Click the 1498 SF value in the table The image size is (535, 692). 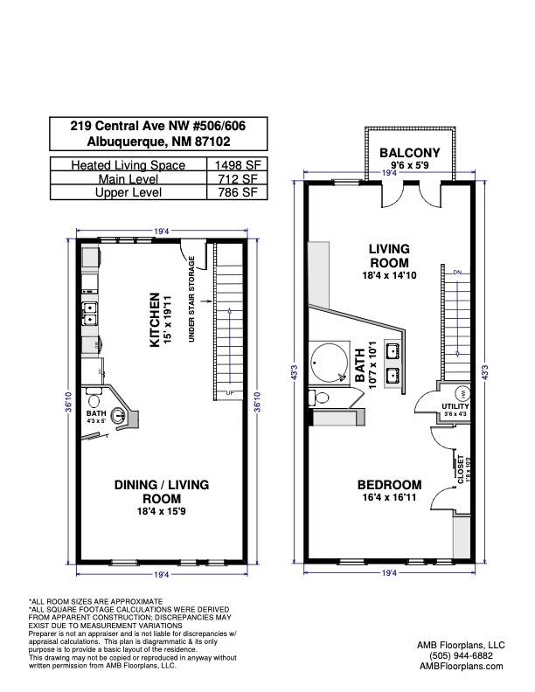click(236, 165)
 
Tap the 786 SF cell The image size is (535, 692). click(236, 192)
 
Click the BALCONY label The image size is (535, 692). click(410, 154)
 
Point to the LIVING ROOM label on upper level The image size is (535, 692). click(389, 256)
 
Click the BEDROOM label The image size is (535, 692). click(389, 485)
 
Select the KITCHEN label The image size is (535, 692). click(155, 320)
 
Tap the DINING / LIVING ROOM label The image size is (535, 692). click(163, 491)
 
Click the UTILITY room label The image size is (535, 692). click(455, 406)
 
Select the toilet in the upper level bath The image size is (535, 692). click(320, 398)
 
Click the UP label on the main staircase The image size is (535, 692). click(230, 391)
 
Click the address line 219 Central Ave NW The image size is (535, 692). click(158, 126)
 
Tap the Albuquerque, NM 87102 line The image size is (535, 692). click(158, 142)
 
